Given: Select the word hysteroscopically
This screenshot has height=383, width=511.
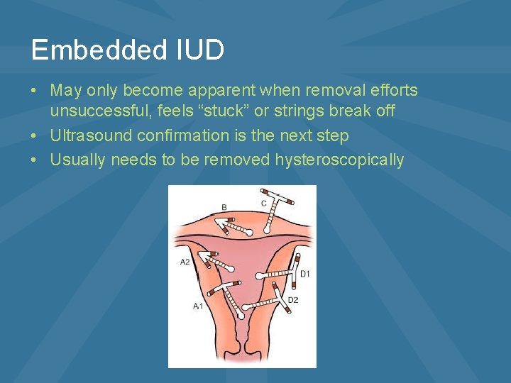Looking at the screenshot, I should (340, 160).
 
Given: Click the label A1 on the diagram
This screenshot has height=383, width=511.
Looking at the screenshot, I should (199, 306).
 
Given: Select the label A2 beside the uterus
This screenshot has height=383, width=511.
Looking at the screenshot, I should (185, 262).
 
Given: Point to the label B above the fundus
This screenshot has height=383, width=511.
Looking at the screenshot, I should (224, 207).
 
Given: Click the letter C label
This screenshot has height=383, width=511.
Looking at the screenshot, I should (264, 204).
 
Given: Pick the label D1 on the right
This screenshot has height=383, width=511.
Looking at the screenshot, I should (305, 274).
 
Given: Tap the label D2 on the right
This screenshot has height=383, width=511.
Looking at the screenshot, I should (293, 301).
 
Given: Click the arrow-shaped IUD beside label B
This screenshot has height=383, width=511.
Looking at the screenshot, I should (234, 227).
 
